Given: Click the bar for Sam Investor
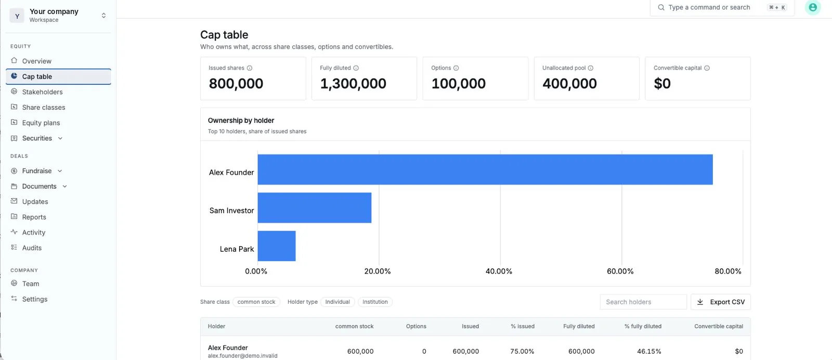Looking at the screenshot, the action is pos(314,208).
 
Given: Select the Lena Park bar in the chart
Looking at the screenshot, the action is pos(277,246).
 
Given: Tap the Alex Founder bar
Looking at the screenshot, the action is pos(485,170).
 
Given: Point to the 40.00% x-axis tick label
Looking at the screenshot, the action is pos(499,271).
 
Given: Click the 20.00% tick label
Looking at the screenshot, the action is pos(378,271).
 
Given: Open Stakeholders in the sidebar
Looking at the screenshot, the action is pos(42,92).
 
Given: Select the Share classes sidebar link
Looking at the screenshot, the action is pos(44,107).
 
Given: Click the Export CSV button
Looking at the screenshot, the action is pos(721,302).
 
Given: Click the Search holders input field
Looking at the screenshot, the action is pos(643,302).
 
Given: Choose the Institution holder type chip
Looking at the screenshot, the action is pos(375,302).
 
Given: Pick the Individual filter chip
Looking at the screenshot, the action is pos(337,302).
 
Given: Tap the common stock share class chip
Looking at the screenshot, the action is pos(256,302).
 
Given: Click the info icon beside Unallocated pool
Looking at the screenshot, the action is pos(591,68).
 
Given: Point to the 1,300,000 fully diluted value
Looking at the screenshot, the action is pos(353,84).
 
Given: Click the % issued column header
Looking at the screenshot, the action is pos(522,326).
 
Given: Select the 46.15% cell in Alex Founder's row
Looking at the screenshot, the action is pos(649,352).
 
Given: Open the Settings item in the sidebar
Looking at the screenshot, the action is pos(34,299).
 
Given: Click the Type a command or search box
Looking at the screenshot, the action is pos(722,7).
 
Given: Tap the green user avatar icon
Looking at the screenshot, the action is pos(813,7).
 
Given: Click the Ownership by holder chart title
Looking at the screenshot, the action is pos(241,120).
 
